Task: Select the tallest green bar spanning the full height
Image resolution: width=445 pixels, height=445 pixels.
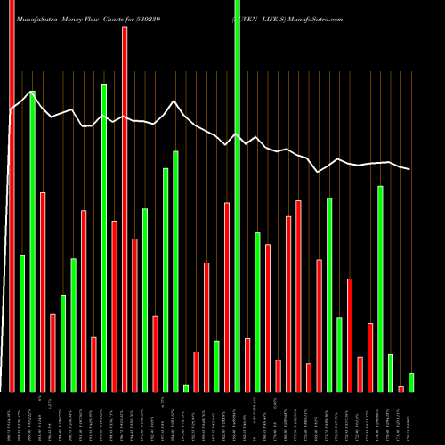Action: (237, 196)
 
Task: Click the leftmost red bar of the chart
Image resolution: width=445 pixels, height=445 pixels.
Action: (12, 196)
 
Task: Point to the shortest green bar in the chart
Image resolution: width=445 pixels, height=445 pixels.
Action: (186, 388)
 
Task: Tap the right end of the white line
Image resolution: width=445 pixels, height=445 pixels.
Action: (410, 169)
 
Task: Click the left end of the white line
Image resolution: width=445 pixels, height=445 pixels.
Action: (9, 110)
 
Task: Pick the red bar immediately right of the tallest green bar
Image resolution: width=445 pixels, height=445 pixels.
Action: (247, 365)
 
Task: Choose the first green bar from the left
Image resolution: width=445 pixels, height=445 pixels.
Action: (22, 323)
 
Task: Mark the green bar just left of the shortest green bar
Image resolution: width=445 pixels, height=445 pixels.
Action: (175, 271)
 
